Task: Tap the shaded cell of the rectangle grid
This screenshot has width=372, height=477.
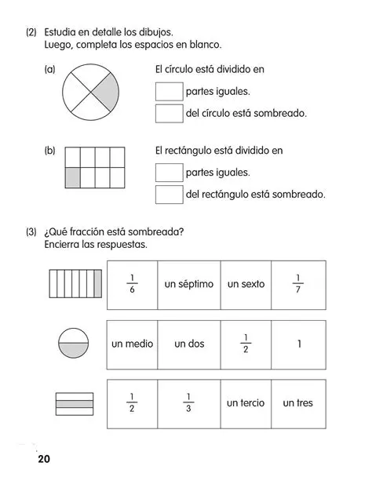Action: click(73, 177)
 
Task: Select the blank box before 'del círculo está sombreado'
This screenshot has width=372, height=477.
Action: click(169, 113)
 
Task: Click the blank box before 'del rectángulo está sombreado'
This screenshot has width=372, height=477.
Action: click(169, 194)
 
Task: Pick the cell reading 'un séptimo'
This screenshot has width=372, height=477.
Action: click(188, 284)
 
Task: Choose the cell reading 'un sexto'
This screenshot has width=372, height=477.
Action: click(246, 284)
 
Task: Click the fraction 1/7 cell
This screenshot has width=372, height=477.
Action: click(297, 284)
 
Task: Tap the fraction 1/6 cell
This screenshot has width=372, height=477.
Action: click(132, 284)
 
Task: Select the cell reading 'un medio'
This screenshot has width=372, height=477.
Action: click(132, 344)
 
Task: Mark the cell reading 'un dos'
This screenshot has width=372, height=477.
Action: click(188, 344)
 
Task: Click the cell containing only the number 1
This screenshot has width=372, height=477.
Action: click(297, 344)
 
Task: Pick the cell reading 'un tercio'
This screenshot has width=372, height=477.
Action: click(246, 403)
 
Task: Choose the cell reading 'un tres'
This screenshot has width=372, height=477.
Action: click(297, 403)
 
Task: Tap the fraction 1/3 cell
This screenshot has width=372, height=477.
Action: click(188, 403)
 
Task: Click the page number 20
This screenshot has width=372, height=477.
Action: click(42, 458)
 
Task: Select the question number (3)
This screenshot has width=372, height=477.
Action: click(31, 231)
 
